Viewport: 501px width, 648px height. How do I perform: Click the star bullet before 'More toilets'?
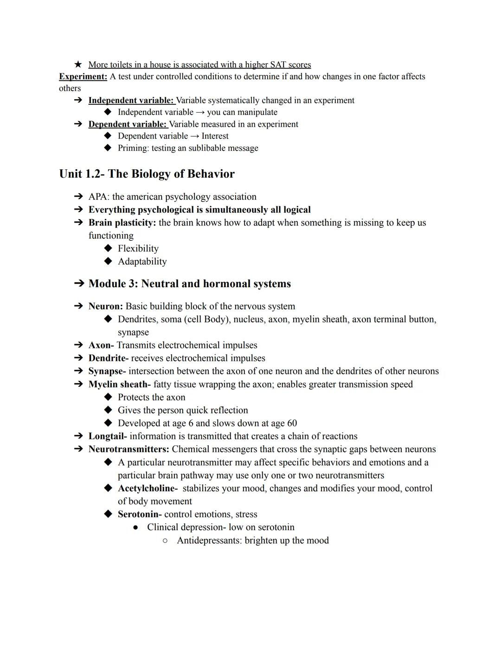(x=78, y=64)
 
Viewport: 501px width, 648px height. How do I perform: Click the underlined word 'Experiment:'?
(x=83, y=77)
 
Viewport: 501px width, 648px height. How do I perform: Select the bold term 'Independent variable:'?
(x=131, y=100)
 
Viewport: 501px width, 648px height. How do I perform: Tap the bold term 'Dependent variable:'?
(x=128, y=124)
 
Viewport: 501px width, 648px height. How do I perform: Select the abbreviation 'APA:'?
(x=99, y=197)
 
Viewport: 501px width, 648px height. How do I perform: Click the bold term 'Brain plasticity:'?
(x=122, y=223)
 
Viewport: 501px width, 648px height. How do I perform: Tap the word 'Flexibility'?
(x=138, y=249)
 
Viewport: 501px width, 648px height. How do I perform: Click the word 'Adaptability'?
(x=142, y=262)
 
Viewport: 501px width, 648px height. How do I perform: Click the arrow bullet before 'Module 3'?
(x=78, y=283)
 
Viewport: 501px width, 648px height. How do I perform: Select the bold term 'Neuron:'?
(x=105, y=306)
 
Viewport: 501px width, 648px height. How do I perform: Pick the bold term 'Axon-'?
(x=101, y=345)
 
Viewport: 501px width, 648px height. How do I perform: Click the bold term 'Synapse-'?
(x=107, y=371)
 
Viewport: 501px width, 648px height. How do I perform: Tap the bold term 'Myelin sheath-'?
(x=119, y=384)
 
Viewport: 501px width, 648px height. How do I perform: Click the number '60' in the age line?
(x=292, y=423)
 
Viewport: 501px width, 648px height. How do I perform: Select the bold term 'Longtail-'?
(x=107, y=436)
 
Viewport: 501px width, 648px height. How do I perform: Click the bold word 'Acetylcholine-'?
(x=148, y=488)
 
